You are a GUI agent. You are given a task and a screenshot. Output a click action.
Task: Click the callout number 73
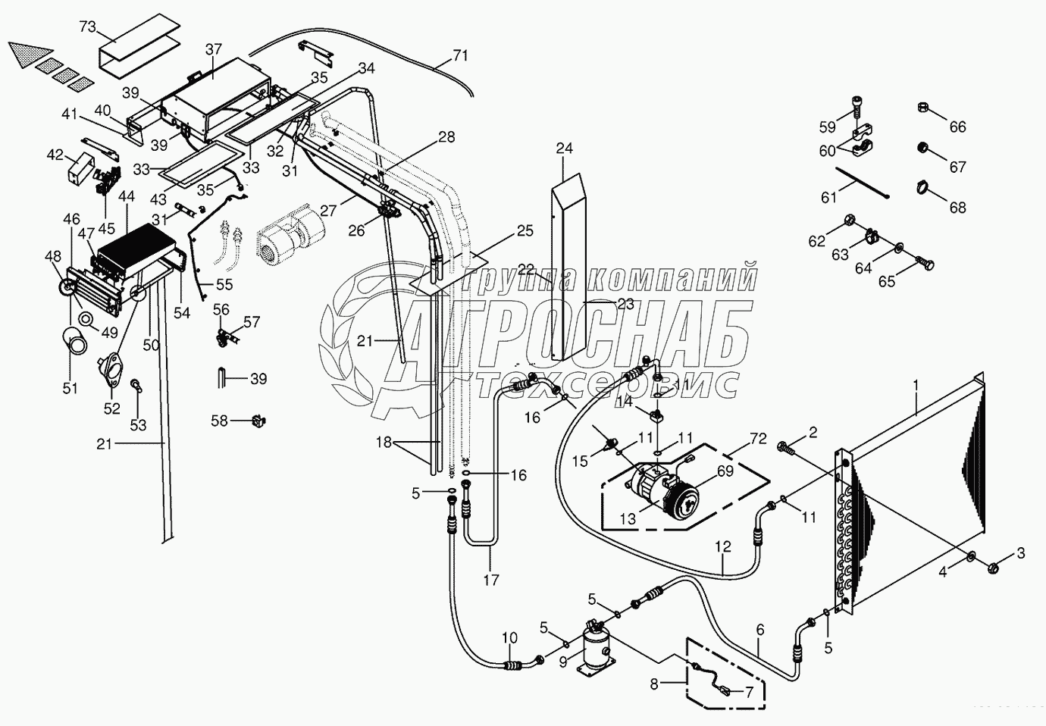(x=87, y=27)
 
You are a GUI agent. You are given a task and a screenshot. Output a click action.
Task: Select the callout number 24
(x=564, y=148)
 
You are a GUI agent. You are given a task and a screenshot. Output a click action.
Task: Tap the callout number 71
(x=460, y=55)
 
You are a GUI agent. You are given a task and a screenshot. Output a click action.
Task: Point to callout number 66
(x=957, y=127)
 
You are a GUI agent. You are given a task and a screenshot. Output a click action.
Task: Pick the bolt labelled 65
(x=924, y=264)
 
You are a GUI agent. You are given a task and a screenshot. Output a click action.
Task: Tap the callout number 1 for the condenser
(x=916, y=385)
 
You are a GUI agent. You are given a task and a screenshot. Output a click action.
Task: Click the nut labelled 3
(x=995, y=565)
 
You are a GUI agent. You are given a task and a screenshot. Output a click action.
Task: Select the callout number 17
(x=490, y=580)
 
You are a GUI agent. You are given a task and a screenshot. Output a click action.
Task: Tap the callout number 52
(x=112, y=408)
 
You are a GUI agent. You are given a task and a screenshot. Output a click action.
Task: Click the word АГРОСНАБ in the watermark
(x=576, y=334)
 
